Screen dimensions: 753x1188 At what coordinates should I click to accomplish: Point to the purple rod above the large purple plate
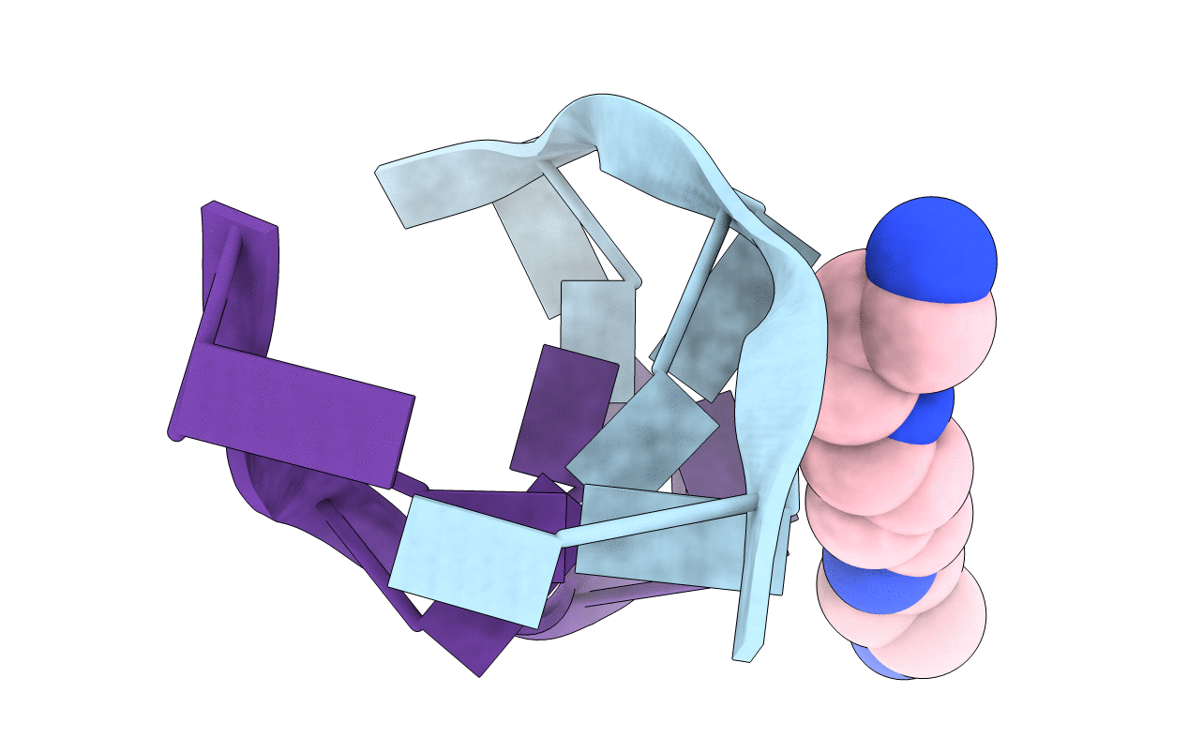coord(226,291)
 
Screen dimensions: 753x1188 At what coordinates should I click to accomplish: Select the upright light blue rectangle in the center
coord(596,328)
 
